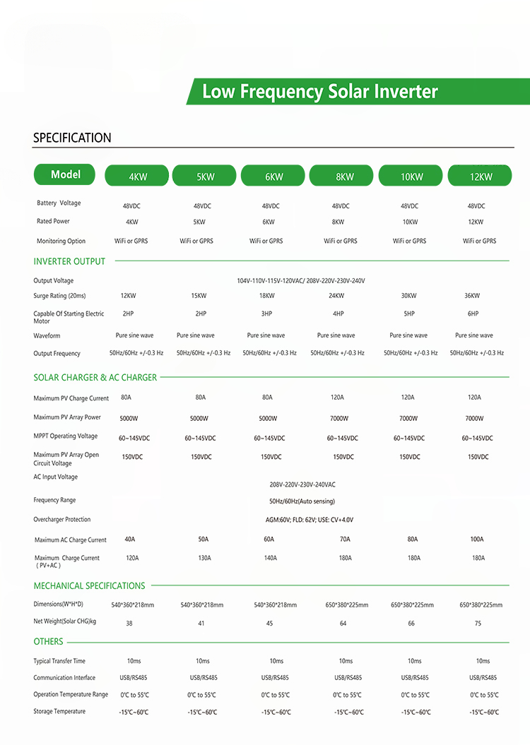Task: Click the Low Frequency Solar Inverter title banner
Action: click(x=320, y=92)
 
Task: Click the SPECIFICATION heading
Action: click(x=72, y=138)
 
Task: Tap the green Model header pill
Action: click(x=66, y=174)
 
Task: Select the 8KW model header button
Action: click(x=345, y=177)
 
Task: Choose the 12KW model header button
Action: click(x=481, y=177)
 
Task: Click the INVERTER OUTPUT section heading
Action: click(x=69, y=261)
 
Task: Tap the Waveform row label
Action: click(x=47, y=335)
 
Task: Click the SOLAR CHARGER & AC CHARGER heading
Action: click(x=95, y=378)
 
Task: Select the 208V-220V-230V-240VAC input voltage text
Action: click(x=302, y=485)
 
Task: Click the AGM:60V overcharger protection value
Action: click(x=305, y=520)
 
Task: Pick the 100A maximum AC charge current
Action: click(x=477, y=540)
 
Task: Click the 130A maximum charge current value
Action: click(x=204, y=558)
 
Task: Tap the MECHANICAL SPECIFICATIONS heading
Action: click(x=89, y=585)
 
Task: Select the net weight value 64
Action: click(x=343, y=624)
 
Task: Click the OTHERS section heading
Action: click(x=48, y=641)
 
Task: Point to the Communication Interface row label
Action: click(x=64, y=678)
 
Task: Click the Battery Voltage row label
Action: click(x=59, y=203)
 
